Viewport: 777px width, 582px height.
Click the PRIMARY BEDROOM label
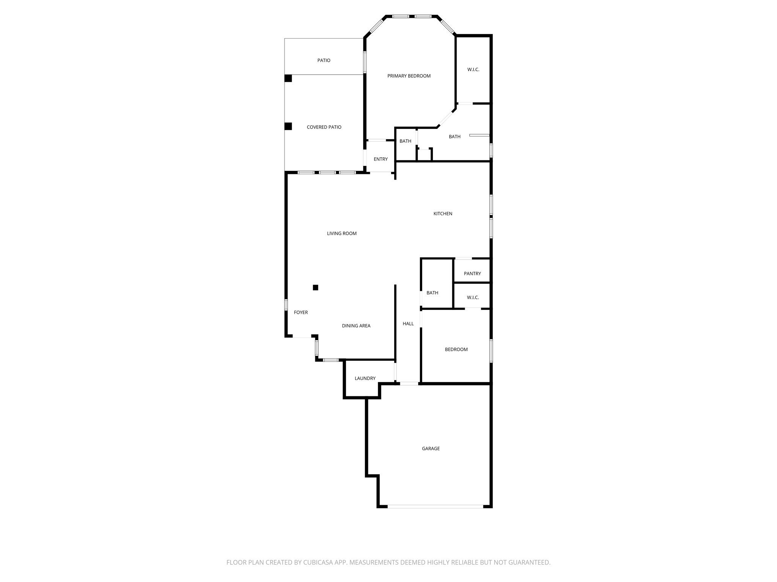tap(409, 76)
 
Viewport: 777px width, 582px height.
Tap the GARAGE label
tap(431, 448)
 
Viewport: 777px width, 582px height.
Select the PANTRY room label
tap(472, 274)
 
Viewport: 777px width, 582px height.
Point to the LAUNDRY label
tap(365, 378)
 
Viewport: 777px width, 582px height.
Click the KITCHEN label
tap(443, 214)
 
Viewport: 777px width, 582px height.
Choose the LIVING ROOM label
tap(342, 233)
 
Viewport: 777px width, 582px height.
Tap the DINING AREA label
tap(356, 326)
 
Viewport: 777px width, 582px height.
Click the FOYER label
tap(301, 312)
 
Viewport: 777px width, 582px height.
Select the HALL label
tap(408, 324)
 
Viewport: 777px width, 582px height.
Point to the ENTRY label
tap(381, 159)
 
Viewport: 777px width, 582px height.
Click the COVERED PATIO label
tap(324, 127)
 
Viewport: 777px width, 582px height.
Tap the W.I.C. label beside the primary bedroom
tap(473, 70)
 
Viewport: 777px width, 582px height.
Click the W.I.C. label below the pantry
tap(473, 297)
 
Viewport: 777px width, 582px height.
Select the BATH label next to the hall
tap(432, 293)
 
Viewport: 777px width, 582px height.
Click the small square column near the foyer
tap(315, 288)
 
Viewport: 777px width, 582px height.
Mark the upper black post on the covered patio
tap(288, 78)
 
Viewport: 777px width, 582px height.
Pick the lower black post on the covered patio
tap(288, 126)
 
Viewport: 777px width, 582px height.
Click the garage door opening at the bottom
tap(435, 506)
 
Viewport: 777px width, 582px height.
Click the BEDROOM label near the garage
tap(456, 349)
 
